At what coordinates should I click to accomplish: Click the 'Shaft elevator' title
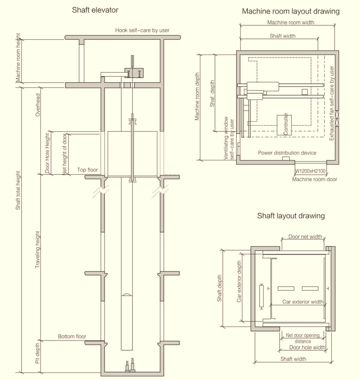click(95, 10)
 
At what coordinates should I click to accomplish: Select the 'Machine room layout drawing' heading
click(290, 11)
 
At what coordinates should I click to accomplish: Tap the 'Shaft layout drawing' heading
click(290, 216)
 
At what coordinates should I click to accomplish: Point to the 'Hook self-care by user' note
click(142, 30)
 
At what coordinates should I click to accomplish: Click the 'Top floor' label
click(87, 170)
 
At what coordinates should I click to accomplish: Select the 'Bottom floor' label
click(72, 337)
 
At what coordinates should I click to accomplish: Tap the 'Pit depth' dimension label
click(37, 354)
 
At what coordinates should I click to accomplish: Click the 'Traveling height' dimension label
click(37, 256)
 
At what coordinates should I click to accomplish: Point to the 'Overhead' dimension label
click(37, 104)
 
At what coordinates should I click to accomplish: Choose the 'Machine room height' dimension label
click(18, 59)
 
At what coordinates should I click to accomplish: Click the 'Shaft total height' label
click(18, 192)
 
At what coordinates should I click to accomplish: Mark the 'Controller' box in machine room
click(286, 124)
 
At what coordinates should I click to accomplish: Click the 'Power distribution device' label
click(287, 153)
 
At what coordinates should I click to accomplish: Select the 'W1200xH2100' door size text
click(310, 171)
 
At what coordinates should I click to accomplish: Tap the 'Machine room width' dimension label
click(290, 23)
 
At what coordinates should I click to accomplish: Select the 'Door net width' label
click(305, 236)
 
